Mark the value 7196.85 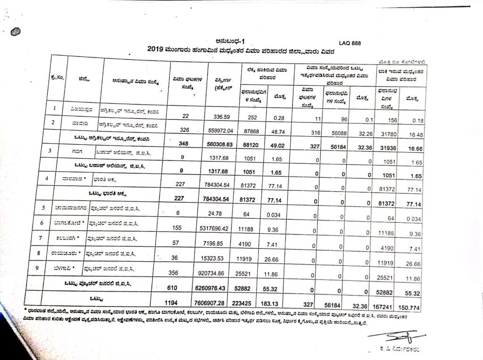(224, 244)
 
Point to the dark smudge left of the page (17, 32)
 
